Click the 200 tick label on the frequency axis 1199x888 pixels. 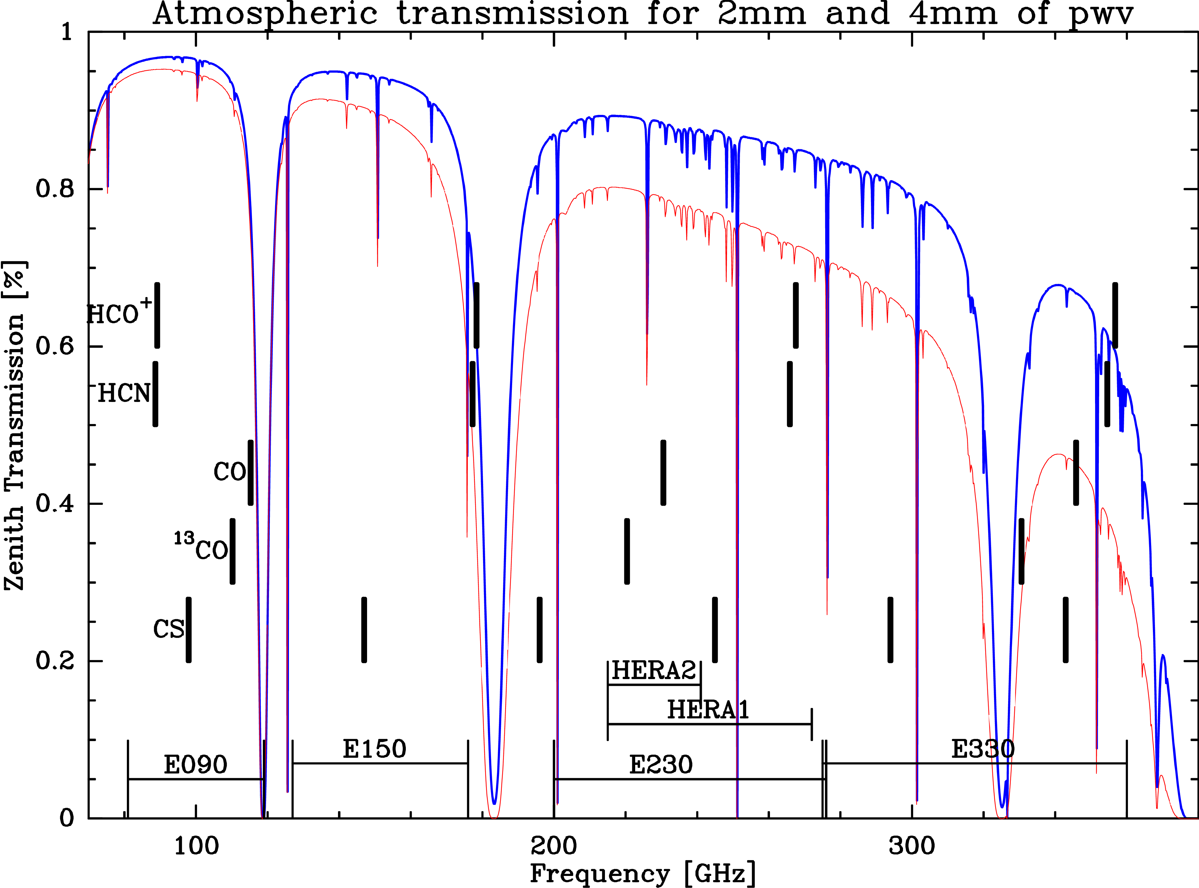pos(553,846)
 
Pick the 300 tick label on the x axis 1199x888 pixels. pos(912,846)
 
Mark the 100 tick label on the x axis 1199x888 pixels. pos(196,846)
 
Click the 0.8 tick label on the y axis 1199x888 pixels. pos(54,189)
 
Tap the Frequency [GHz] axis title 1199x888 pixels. pos(643,874)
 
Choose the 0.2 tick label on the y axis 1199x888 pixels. pos(54,661)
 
